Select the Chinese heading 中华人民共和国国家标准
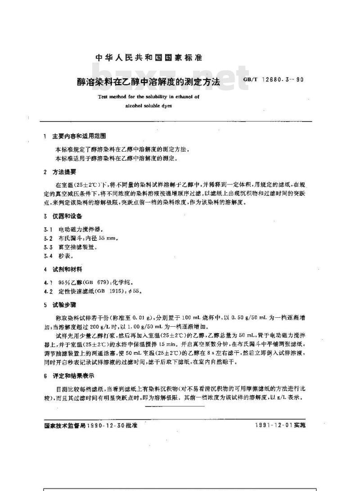pos(149,58)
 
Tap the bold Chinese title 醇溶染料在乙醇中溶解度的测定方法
pos(148,82)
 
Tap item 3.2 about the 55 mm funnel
pos(81,238)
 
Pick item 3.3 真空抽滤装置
pos(72,247)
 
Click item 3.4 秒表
pos(60,256)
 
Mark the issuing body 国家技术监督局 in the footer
pos(62,425)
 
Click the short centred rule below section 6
pos(175,405)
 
